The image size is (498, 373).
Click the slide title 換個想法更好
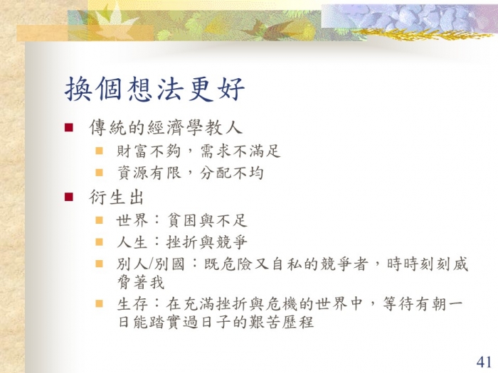(154, 89)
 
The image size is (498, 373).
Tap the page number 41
(484, 362)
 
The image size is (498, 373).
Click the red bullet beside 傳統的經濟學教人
(68, 127)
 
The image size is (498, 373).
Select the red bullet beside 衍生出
(68, 197)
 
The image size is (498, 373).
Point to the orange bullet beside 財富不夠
(99, 151)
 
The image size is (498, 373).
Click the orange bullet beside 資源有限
(99, 173)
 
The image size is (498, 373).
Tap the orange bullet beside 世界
(99, 220)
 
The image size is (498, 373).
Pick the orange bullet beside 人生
(99, 242)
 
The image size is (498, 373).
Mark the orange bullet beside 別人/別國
(99, 264)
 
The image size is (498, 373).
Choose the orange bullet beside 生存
(99, 304)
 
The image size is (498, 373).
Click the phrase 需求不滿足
(240, 151)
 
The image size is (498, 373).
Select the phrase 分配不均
(232, 173)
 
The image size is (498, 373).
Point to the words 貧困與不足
(207, 220)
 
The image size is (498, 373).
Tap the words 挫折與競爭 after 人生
(207, 243)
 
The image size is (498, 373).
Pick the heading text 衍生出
(116, 198)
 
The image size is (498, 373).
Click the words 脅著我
(141, 283)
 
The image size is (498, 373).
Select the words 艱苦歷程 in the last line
(282, 323)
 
